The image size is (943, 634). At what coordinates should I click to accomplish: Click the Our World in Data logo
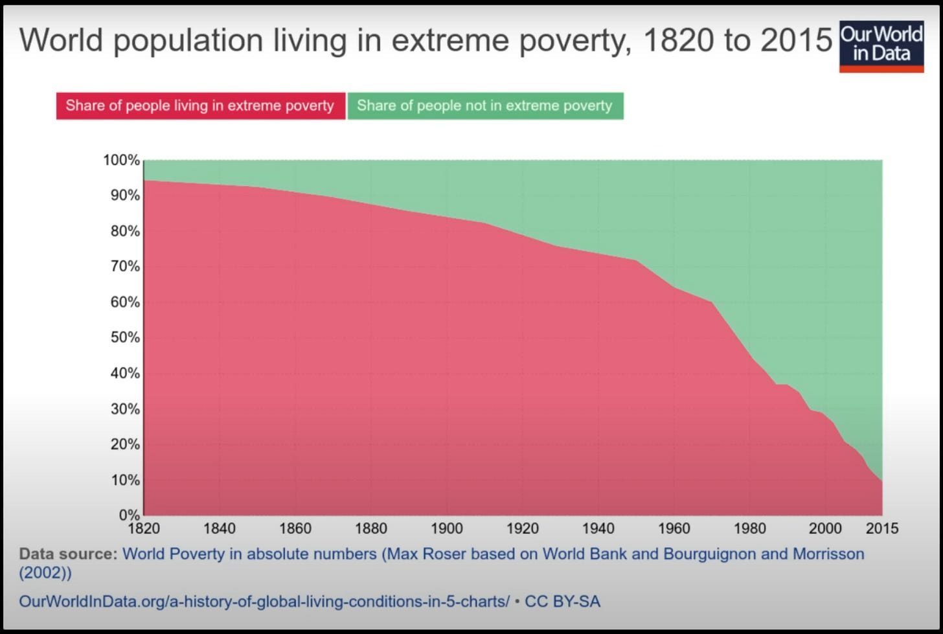[881, 45]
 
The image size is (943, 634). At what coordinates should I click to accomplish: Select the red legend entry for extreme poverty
[200, 106]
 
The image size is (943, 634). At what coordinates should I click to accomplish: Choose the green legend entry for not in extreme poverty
[484, 106]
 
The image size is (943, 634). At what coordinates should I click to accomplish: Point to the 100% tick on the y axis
[122, 160]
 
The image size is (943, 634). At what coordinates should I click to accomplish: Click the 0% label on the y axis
[129, 515]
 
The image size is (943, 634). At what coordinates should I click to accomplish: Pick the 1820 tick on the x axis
[144, 528]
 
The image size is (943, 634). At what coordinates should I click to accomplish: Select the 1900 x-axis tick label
[447, 528]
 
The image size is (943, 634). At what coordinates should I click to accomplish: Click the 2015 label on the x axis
[882, 528]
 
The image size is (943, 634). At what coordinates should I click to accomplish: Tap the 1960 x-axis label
[674, 528]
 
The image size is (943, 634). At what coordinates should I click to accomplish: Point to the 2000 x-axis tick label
[825, 528]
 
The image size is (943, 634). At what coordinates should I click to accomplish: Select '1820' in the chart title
[679, 41]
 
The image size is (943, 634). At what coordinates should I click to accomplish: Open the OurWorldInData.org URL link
[264, 602]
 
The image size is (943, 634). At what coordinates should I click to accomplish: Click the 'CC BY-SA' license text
[562, 602]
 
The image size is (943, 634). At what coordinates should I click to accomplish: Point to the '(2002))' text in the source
[45, 572]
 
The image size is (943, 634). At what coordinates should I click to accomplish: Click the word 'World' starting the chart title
[62, 41]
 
